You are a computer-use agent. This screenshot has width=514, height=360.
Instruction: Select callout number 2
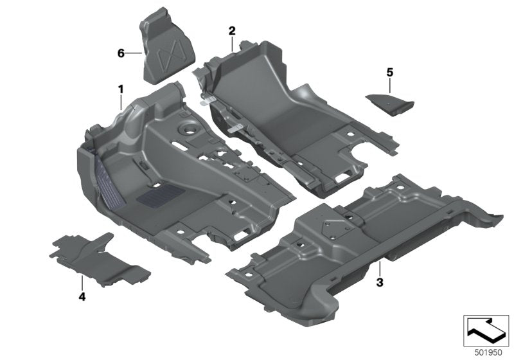tap(232, 30)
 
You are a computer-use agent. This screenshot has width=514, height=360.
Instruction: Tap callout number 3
tap(380, 282)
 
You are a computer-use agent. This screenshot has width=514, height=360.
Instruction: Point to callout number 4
tap(82, 296)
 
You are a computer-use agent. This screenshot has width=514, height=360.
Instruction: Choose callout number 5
tap(389, 71)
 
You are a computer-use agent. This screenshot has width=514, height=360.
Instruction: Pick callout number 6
tap(120, 53)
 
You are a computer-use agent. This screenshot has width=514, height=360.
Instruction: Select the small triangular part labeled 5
tap(389, 101)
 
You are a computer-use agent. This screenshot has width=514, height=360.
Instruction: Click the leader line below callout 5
tap(389, 85)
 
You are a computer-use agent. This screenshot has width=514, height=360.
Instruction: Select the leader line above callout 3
tap(380, 269)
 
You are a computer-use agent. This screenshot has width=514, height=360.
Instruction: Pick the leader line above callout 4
tap(82, 283)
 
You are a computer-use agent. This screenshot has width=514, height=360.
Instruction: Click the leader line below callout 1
tap(120, 102)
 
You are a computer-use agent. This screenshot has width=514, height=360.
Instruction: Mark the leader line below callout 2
tap(232, 43)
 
